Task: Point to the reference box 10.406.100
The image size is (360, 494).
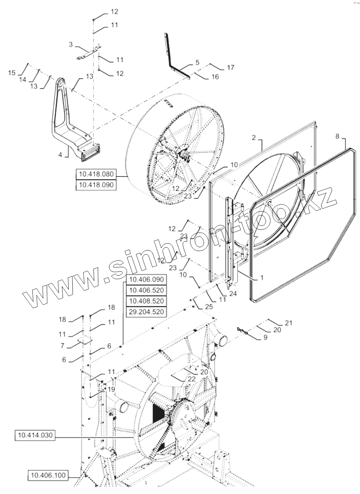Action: pyautogui.click(x=47, y=476)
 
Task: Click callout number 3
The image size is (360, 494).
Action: pyautogui.click(x=70, y=45)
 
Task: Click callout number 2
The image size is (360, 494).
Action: pyautogui.click(x=254, y=137)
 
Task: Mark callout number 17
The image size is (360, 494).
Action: pyautogui.click(x=230, y=68)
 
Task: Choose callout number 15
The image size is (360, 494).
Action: pyautogui.click(x=12, y=72)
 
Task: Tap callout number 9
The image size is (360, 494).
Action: pyautogui.click(x=265, y=338)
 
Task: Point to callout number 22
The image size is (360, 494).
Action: pyautogui.click(x=191, y=379)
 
